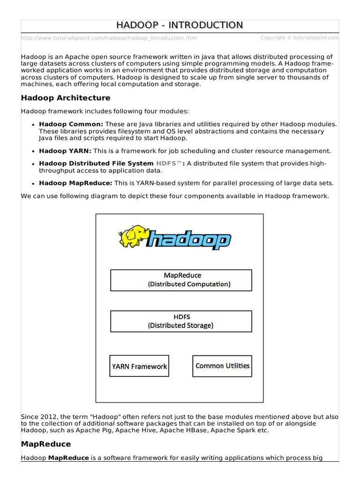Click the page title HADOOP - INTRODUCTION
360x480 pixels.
180,25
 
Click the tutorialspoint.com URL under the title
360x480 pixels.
109,38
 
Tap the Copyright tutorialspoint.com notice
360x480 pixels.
300,37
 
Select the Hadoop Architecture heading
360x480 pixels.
66,98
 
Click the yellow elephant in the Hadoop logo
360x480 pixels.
134,236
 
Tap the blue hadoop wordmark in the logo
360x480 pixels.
189,240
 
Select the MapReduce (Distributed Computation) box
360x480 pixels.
180,280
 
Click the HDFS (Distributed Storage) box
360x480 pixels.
180,321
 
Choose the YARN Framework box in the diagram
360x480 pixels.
139,366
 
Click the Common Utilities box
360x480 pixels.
222,366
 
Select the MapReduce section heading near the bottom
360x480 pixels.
46,444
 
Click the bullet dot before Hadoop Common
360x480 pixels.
33,125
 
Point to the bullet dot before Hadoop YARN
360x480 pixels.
33,151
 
